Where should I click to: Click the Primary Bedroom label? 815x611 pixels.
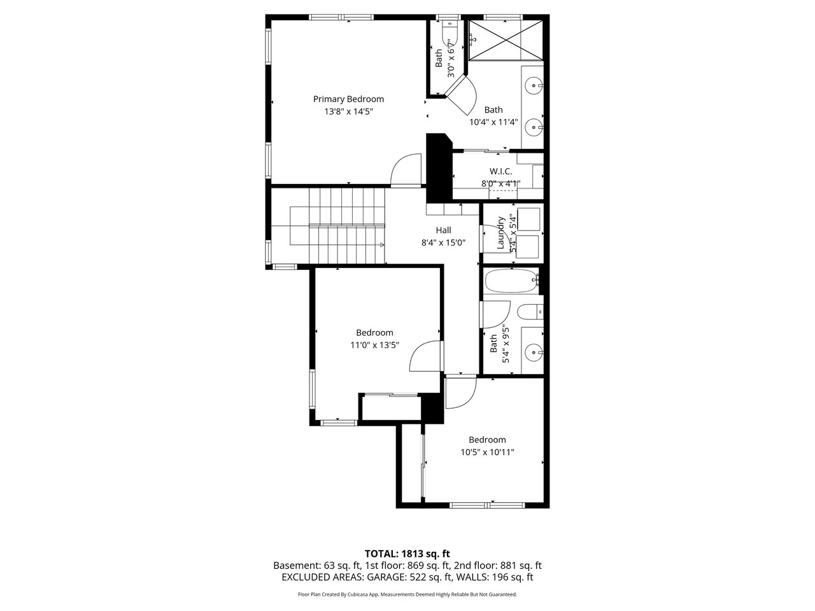coord(348,99)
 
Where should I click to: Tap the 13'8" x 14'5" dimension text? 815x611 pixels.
coord(348,111)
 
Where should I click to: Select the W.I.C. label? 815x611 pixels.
coord(500,171)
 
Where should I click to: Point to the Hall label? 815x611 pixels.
coord(443,230)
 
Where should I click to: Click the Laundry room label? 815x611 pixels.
coord(500,232)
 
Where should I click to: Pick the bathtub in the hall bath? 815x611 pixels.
coord(511,281)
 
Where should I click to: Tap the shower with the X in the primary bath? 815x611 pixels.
coord(506,39)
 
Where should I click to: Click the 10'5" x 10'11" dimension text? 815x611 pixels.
coord(487,453)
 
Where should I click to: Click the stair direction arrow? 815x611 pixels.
coord(381,245)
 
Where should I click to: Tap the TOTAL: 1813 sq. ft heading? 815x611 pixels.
coord(407,554)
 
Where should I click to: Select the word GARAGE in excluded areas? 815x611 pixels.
coord(386,577)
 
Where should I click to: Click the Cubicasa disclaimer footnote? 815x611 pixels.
coord(407,594)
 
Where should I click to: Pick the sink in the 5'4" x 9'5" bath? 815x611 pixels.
coord(533,351)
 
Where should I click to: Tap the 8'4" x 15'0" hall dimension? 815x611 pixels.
coord(443,243)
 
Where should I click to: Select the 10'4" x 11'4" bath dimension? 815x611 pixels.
coord(493,122)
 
